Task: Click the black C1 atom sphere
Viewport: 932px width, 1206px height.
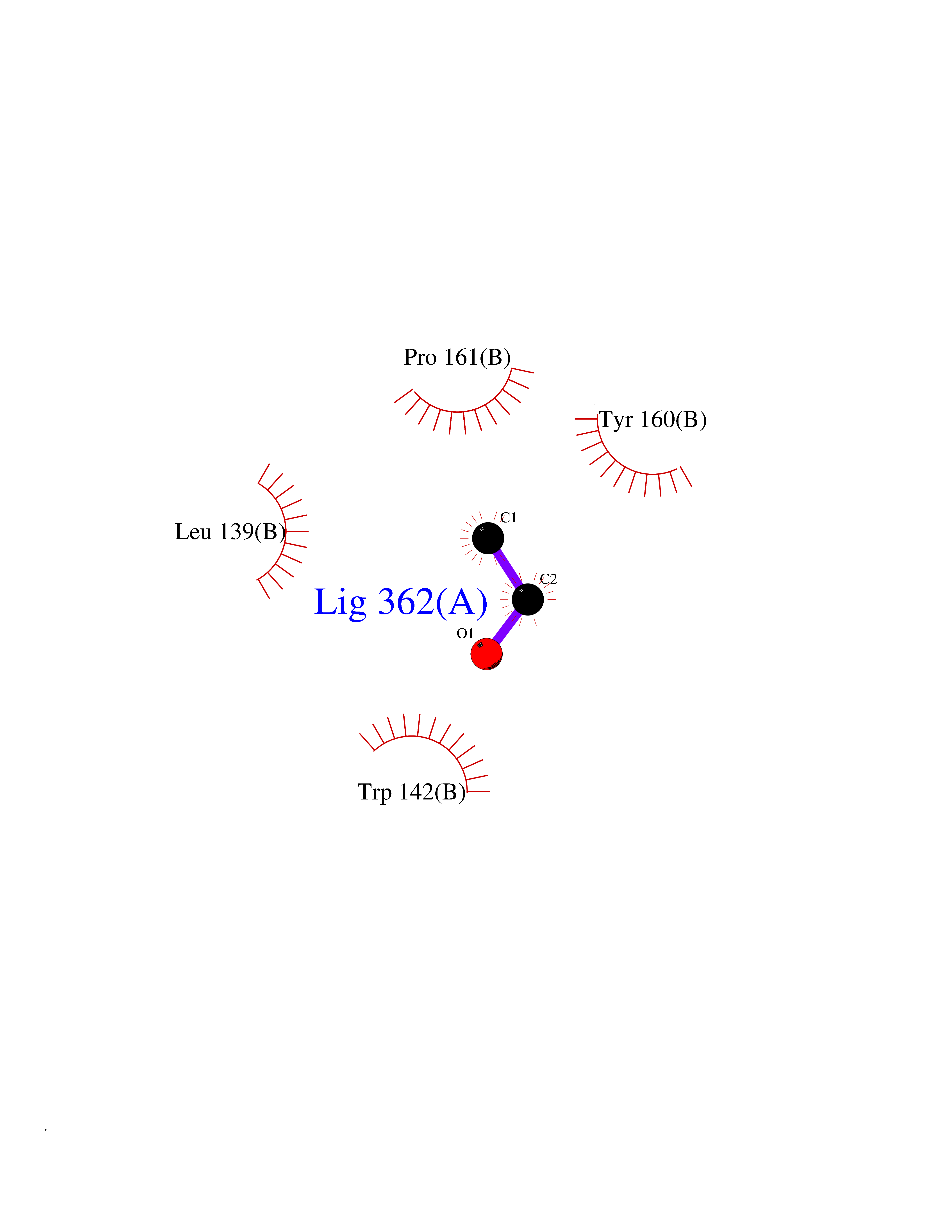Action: click(x=488, y=538)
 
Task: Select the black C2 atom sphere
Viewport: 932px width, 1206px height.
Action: click(x=528, y=599)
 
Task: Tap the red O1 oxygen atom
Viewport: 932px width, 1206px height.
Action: click(x=486, y=654)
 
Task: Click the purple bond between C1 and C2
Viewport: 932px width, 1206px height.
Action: click(x=508, y=569)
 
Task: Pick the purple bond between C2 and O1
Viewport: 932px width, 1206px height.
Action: click(x=507, y=627)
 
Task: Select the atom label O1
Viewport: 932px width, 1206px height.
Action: click(x=465, y=633)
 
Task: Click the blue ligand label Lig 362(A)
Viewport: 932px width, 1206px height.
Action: click(x=401, y=602)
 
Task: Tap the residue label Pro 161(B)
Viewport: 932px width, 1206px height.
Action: click(x=457, y=357)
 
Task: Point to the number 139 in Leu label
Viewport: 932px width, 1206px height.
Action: click(x=237, y=532)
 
